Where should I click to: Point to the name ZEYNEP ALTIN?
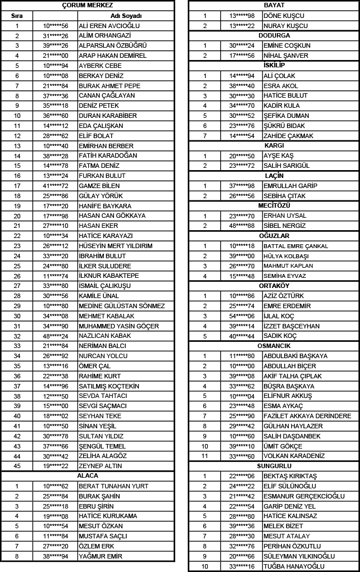click(100, 466)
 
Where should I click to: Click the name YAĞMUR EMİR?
click(101, 556)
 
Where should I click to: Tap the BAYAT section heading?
click(274, 5)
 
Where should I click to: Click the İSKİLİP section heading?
click(274, 66)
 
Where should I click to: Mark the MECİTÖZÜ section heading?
click(274, 205)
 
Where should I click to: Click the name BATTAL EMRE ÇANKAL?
click(295, 246)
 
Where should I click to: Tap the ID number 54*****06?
click(241, 316)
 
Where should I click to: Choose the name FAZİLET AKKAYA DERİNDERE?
click(307, 416)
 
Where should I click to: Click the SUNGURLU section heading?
click(274, 466)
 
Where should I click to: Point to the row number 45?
click(17, 466)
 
